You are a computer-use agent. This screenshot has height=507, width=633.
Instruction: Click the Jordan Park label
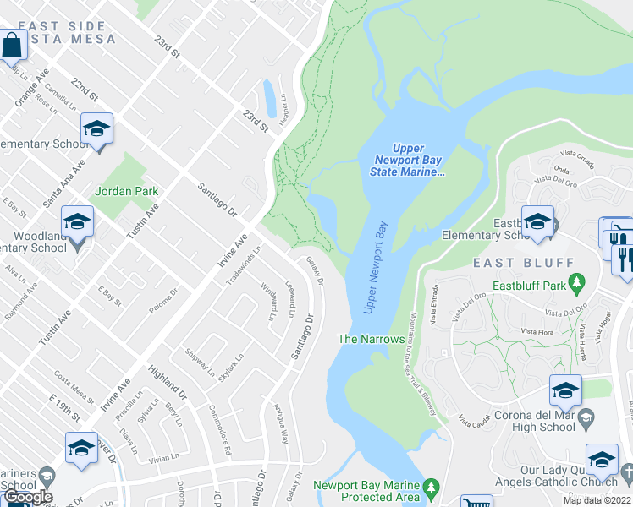126,191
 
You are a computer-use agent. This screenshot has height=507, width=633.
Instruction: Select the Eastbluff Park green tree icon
578,281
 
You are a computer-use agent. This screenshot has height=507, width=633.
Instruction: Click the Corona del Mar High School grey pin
586,417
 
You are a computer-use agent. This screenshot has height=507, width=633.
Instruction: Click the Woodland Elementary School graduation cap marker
78,223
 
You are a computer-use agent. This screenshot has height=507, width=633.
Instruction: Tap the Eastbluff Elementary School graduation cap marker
537,222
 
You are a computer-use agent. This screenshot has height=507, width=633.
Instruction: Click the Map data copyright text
597,500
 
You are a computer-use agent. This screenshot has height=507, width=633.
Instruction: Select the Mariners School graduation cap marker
81,449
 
